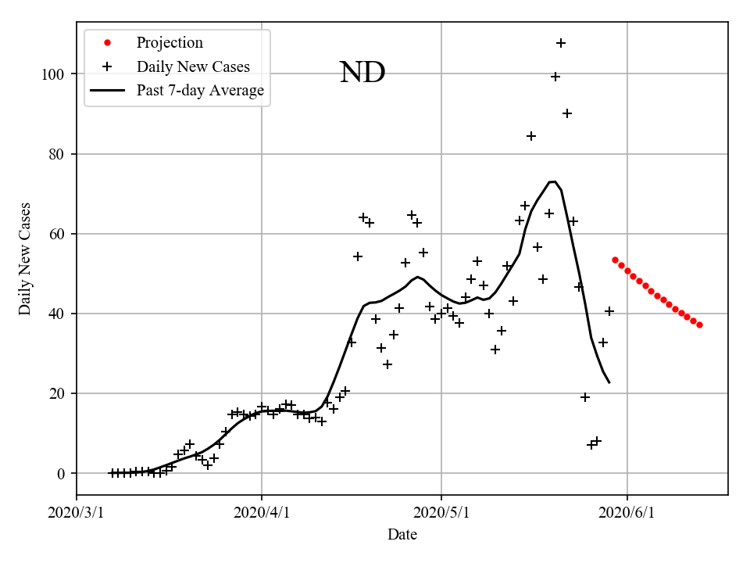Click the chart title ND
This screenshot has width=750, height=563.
click(362, 73)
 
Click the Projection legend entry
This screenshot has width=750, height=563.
click(170, 43)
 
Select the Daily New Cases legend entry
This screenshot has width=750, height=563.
click(193, 66)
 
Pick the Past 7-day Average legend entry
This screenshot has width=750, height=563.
click(200, 91)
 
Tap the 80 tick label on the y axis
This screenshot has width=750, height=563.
click(55, 154)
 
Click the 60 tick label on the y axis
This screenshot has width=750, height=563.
click(55, 234)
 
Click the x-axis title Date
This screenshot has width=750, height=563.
click(402, 535)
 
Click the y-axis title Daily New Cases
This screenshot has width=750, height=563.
click(25, 258)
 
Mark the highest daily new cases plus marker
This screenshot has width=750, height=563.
click(561, 43)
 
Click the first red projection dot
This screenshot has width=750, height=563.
click(615, 260)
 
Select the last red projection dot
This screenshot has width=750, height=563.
click(699, 325)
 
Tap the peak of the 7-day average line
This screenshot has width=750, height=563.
click(552, 181)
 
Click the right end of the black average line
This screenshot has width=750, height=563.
click(609, 382)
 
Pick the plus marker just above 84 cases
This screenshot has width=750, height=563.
click(531, 136)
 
